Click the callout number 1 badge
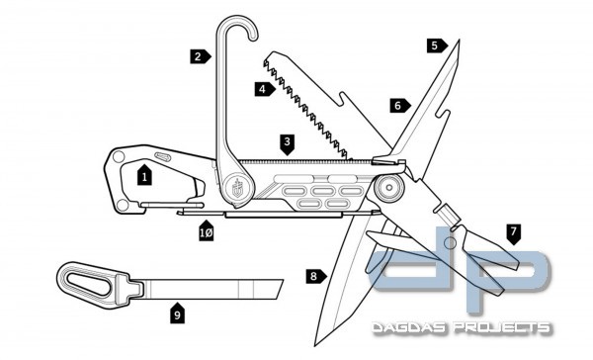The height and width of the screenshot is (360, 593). coord(144,177)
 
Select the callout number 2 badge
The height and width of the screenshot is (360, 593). coord(199,56)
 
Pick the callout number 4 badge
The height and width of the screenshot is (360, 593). coord(262,89)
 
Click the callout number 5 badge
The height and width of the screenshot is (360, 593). coord(435,45)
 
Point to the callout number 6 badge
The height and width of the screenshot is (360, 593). coord(397,105)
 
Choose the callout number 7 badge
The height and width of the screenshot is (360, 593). coord(512,232)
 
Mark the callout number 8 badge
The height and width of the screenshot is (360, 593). coord(314,277)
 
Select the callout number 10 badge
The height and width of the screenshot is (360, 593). coord(206,232)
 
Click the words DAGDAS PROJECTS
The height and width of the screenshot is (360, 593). coord(461,326)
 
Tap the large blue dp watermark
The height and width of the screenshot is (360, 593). coord(465,272)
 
